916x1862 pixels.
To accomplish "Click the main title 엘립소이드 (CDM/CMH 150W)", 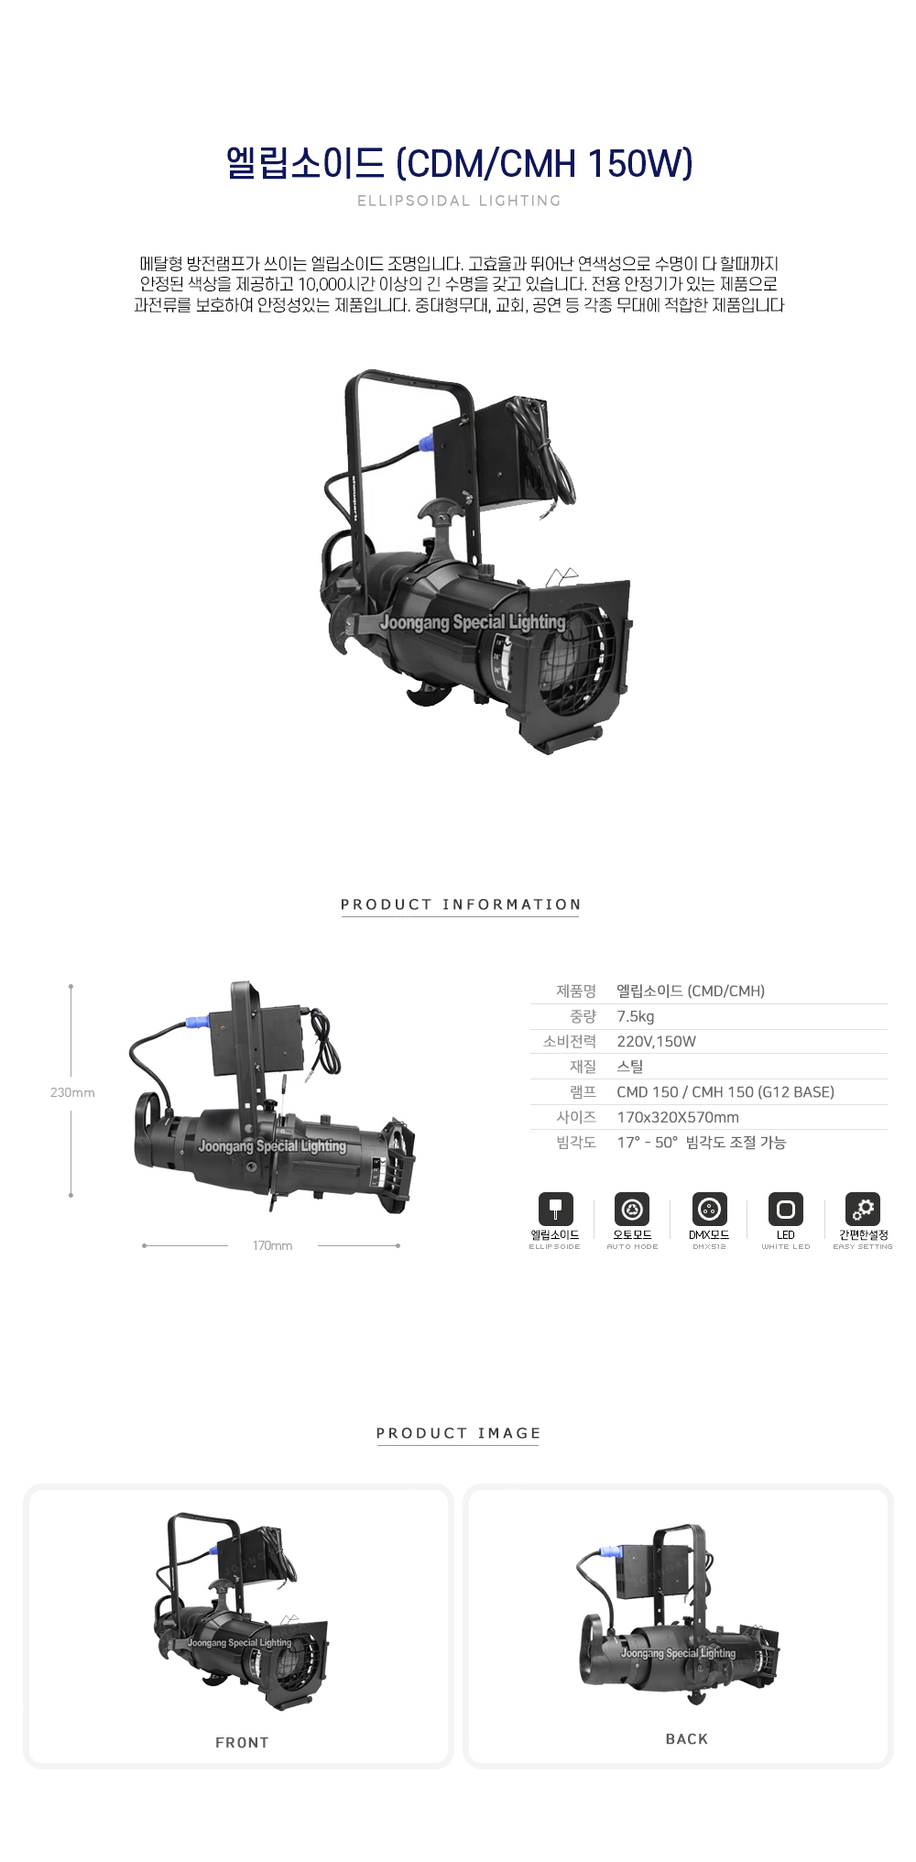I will click(x=459, y=163).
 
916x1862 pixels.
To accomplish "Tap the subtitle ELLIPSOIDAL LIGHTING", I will click(x=459, y=201).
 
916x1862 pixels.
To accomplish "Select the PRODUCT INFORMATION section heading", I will click(x=461, y=904).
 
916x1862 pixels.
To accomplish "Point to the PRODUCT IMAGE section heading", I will click(x=459, y=1433).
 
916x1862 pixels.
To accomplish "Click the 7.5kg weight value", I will click(x=636, y=1016).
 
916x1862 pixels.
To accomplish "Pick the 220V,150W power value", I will click(x=656, y=1042).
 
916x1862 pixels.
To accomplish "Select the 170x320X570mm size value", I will click(x=678, y=1117).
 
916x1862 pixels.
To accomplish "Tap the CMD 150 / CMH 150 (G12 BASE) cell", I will click(x=725, y=1092).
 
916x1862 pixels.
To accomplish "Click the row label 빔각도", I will click(x=576, y=1143).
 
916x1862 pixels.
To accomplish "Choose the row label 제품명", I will click(x=576, y=991).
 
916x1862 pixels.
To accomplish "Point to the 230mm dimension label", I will click(x=72, y=1092).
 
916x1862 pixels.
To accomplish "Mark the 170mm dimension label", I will click(x=273, y=1246).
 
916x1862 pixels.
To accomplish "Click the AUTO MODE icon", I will click(x=632, y=1210).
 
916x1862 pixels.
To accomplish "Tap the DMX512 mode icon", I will click(x=709, y=1210).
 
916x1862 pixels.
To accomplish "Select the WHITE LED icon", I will click(x=786, y=1210).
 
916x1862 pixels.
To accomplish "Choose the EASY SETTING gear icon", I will click(x=863, y=1210).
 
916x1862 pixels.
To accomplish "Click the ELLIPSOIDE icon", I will click(x=555, y=1210).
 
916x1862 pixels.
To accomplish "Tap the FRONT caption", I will click(x=242, y=1743).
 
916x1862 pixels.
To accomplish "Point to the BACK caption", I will click(x=687, y=1739).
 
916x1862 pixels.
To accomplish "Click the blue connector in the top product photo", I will click(x=425, y=444).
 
